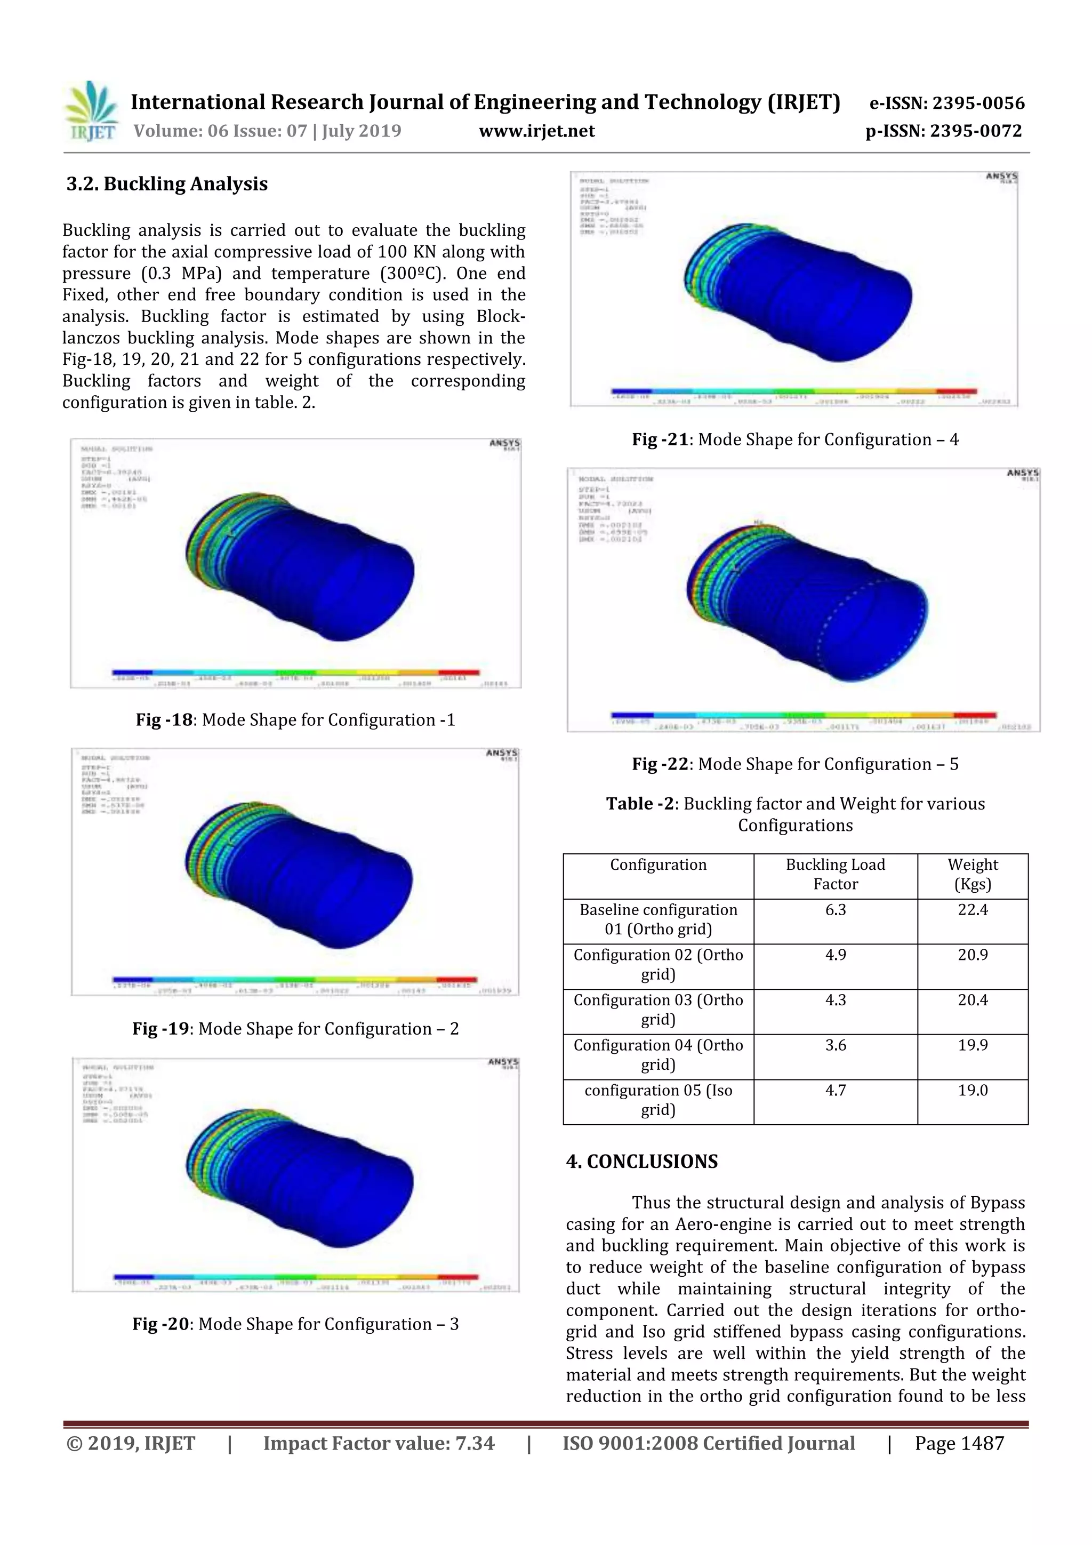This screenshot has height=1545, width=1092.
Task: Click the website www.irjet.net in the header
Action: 536,131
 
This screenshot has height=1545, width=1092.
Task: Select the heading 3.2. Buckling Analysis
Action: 167,183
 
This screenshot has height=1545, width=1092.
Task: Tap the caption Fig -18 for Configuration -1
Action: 295,719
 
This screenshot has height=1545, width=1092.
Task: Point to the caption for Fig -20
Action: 295,1324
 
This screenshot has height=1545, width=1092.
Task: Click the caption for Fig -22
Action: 794,764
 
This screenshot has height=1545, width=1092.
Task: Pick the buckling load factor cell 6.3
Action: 835,910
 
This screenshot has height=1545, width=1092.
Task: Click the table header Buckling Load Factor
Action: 835,874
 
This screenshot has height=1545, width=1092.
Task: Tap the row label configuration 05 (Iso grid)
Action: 657,1100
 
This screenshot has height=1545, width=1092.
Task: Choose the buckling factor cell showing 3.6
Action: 835,1045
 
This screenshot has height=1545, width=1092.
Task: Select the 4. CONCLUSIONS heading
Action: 642,1162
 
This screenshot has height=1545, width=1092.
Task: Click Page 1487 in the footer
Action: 959,1443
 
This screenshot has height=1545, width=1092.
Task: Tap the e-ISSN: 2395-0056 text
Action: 946,103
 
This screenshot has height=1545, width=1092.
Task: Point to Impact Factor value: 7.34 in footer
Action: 378,1443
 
